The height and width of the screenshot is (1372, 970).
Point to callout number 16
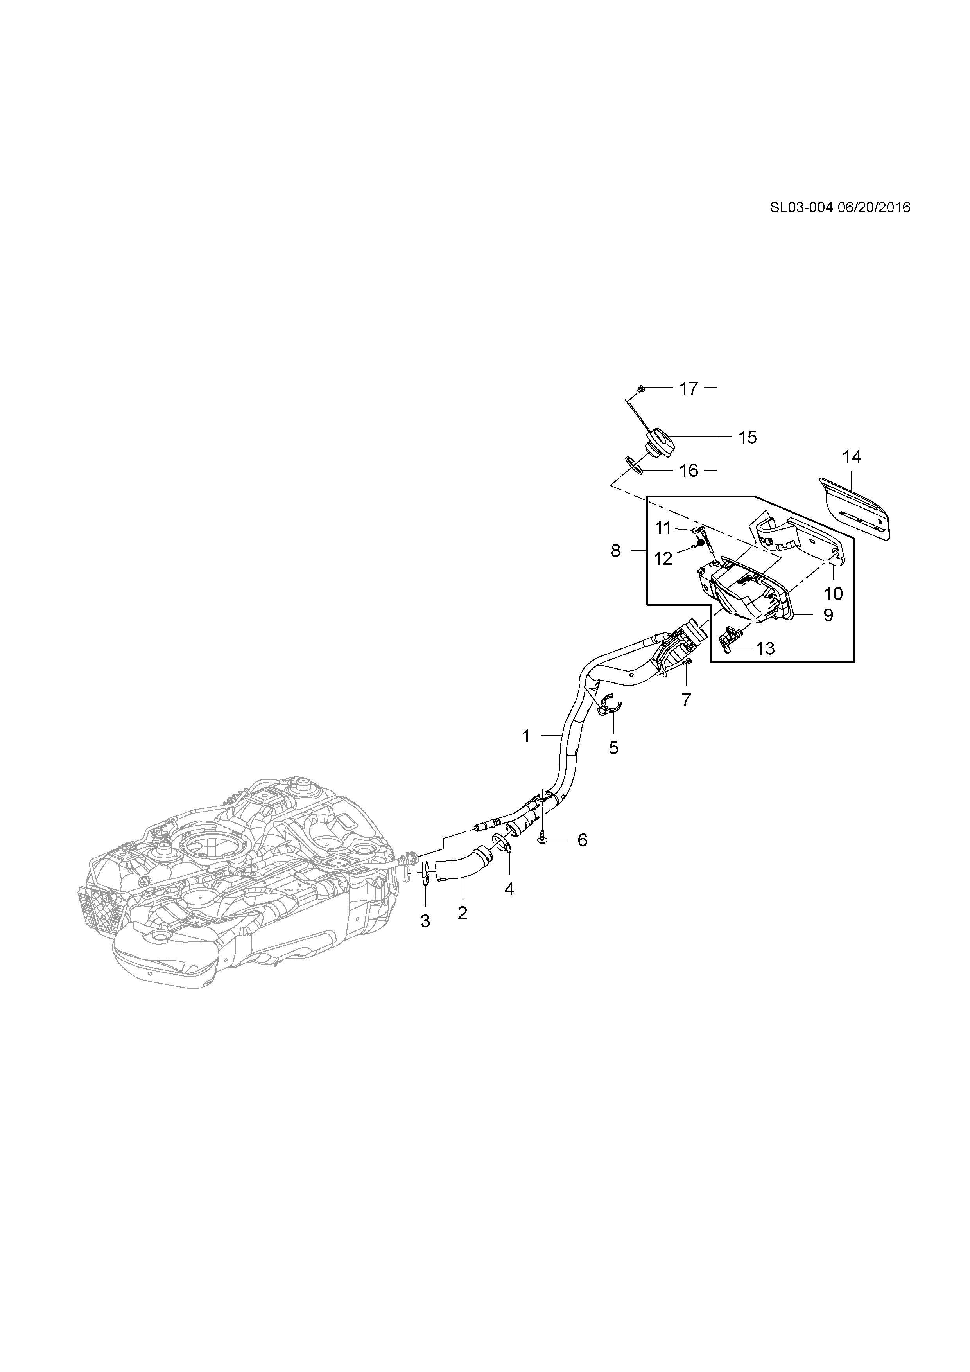coord(689,471)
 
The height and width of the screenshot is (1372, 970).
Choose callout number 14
coord(852,457)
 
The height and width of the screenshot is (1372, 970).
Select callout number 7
coord(686,700)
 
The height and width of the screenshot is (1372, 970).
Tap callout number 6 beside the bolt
coord(583,840)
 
